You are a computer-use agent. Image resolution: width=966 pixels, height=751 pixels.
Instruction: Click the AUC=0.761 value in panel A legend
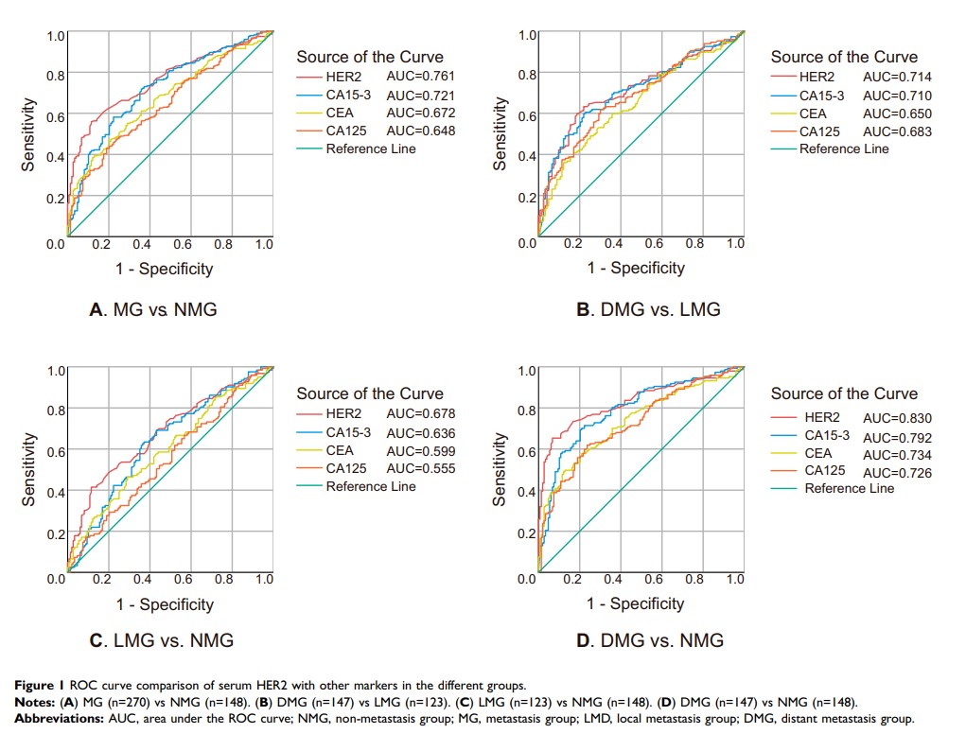click(x=421, y=77)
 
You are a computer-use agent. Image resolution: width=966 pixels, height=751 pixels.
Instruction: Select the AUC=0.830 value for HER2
click(x=897, y=418)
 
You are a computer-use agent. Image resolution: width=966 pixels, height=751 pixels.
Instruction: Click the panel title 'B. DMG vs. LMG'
click(x=648, y=309)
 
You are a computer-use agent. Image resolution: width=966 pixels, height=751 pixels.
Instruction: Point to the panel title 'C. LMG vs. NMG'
click(x=161, y=641)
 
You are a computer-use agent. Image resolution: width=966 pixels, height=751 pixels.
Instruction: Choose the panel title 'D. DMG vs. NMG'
click(x=650, y=641)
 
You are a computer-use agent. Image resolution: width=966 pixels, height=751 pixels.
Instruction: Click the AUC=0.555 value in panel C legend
click(x=421, y=468)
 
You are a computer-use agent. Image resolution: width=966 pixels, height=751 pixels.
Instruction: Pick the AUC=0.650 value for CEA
click(x=897, y=114)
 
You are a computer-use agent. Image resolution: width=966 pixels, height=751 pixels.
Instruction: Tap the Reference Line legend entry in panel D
click(x=849, y=488)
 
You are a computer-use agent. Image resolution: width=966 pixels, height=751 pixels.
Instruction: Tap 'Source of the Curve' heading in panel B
click(x=844, y=57)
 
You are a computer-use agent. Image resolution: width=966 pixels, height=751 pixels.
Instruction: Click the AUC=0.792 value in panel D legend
click(x=897, y=438)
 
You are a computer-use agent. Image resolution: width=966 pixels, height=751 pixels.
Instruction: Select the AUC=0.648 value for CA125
click(x=421, y=131)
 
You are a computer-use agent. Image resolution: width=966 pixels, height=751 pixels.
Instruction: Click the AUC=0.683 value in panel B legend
click(x=897, y=131)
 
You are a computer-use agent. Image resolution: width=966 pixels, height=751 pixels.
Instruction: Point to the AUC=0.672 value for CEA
click(x=421, y=113)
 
